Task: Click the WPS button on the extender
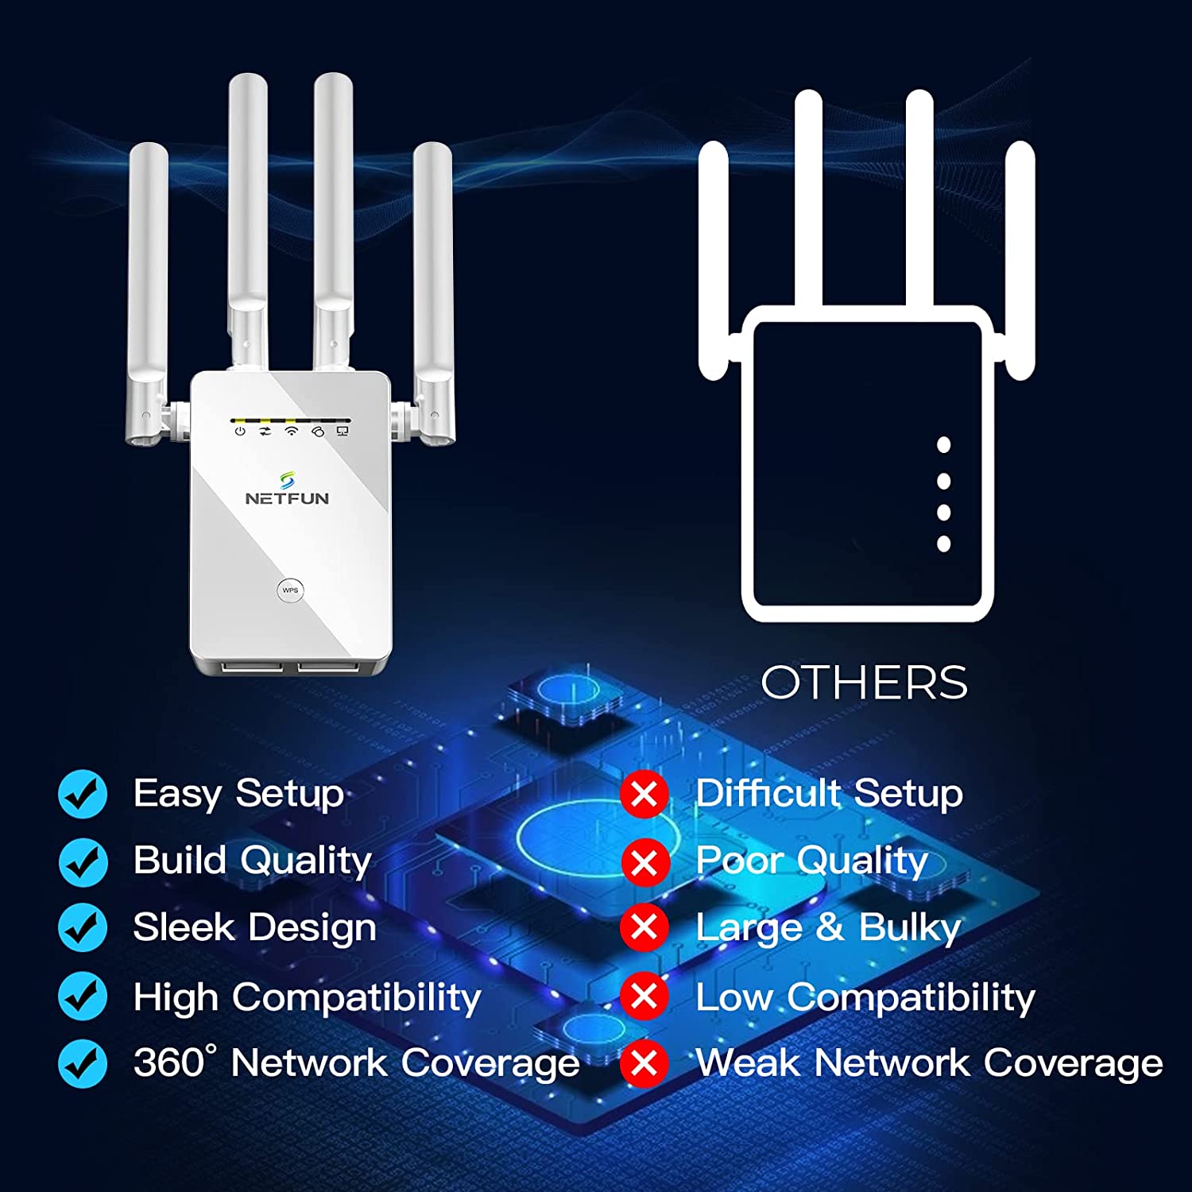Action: point(290,590)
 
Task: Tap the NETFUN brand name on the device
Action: point(287,498)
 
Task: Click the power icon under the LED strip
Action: point(240,432)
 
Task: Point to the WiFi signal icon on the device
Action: point(292,432)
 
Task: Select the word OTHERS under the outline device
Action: point(864,683)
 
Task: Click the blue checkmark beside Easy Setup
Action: point(83,794)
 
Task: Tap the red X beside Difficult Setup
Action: point(644,794)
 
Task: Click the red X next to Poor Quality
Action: point(644,861)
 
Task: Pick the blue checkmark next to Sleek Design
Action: point(83,928)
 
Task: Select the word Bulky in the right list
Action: point(910,928)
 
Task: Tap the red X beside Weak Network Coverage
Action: point(644,1062)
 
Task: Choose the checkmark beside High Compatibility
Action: point(83,996)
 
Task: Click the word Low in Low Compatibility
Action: point(733,997)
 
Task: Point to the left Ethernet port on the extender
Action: point(253,666)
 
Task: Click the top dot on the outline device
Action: point(944,445)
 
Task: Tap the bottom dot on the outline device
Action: point(944,544)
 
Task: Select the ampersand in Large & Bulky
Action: point(830,927)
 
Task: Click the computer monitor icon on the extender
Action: point(343,432)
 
